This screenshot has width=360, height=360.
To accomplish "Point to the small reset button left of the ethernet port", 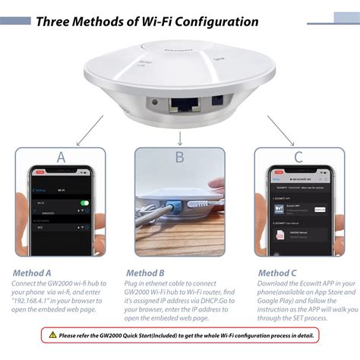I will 155,103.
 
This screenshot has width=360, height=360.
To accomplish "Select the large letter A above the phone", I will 60,157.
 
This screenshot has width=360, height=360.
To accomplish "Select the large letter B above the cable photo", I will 179,157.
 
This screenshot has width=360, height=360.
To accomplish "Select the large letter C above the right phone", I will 298,157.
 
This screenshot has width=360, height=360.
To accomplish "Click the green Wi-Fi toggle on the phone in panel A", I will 84,204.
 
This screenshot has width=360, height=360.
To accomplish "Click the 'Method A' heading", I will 32,273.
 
